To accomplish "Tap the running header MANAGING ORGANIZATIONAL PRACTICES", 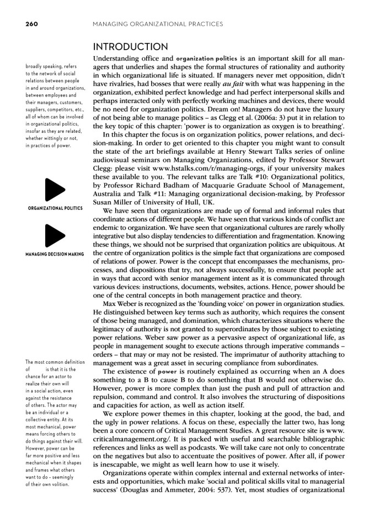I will (158, 24).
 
